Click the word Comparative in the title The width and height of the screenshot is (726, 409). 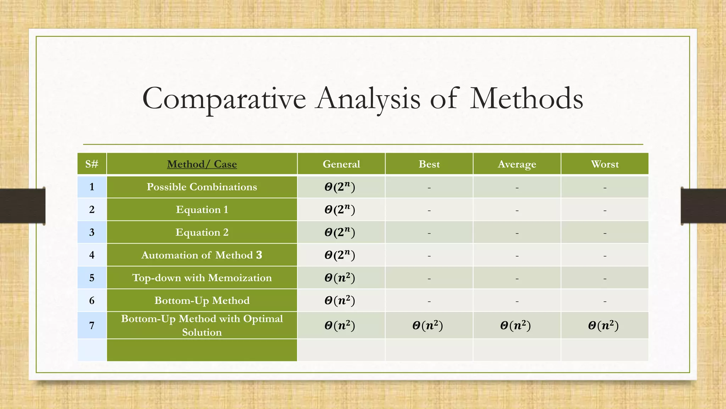click(224, 99)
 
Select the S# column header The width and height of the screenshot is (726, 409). click(92, 164)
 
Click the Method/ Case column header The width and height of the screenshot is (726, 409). click(202, 164)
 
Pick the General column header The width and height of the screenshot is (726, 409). click(341, 164)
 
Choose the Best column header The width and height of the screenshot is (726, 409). click(429, 164)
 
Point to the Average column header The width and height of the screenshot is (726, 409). click(517, 164)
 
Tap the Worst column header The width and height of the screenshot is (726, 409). click(605, 164)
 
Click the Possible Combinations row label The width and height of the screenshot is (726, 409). click(202, 187)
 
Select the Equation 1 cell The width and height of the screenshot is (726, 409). click(202, 209)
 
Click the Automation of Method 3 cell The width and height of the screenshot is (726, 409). click(202, 255)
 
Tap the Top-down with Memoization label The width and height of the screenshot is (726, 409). click(202, 278)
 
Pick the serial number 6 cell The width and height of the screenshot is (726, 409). click(92, 300)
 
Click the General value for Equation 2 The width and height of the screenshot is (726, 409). click(340, 232)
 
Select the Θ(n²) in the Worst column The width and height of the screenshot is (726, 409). click(603, 325)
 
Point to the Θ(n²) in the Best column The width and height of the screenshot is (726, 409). click(428, 325)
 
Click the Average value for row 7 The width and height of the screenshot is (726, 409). click(515, 325)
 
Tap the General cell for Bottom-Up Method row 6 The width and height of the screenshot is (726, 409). click(340, 300)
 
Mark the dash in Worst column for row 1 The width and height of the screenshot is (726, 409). click(605, 187)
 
